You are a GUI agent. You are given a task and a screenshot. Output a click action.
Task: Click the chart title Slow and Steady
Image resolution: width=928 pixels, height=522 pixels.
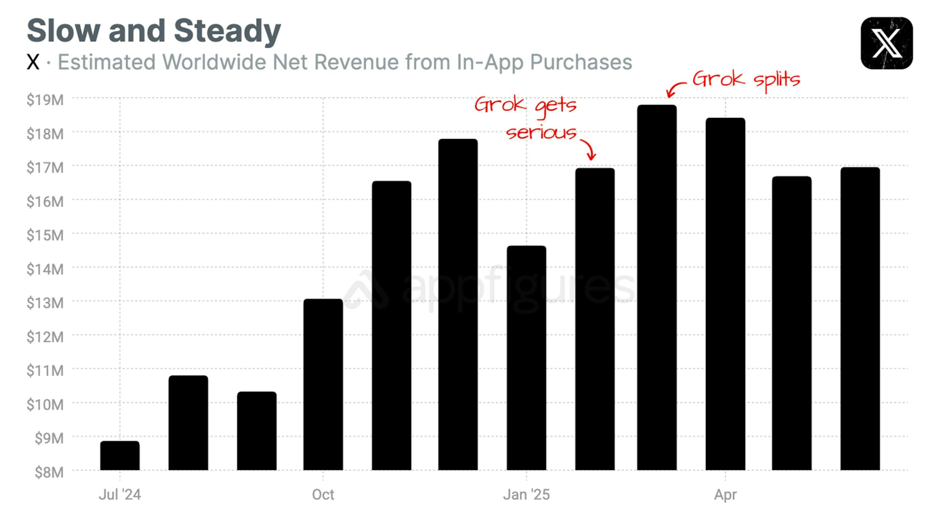[154, 31]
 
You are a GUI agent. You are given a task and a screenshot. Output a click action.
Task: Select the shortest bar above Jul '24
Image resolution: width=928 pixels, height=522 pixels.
[120, 456]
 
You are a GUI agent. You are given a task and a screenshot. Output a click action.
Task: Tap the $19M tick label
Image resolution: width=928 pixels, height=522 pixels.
[45, 100]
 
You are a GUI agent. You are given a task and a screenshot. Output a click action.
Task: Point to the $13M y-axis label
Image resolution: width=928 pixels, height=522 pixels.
[45, 303]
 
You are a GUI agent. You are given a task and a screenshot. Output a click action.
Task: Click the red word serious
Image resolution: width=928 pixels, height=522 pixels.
[541, 133]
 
